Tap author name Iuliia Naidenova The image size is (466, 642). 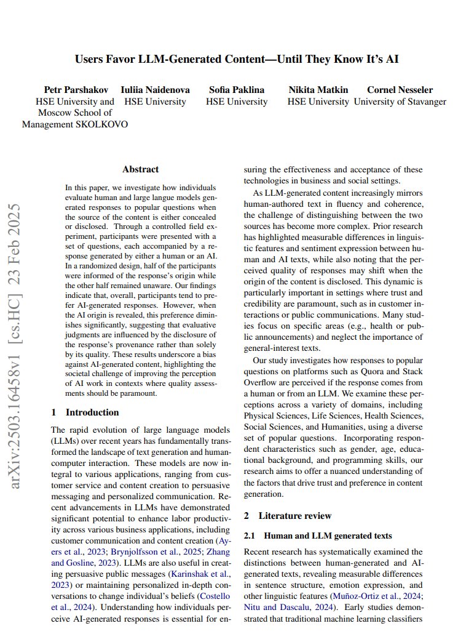[x=155, y=90]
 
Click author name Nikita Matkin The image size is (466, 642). [x=318, y=90]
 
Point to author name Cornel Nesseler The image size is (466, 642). [x=400, y=90]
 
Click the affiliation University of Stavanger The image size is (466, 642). [x=400, y=102]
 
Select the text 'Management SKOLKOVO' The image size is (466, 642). [x=75, y=124]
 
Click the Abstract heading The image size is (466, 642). [x=140, y=169]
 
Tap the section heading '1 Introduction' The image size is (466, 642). [x=85, y=412]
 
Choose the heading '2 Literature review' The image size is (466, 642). [x=288, y=516]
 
